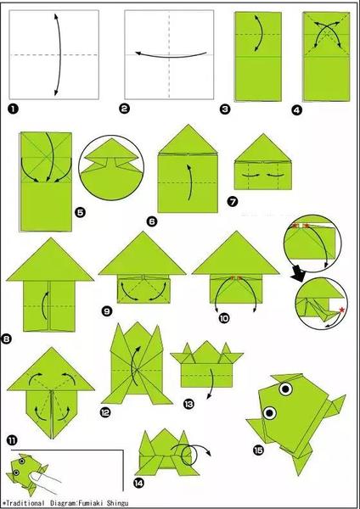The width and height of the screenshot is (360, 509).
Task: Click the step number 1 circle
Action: coord(14,109)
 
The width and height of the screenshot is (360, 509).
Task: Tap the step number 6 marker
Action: coord(152,221)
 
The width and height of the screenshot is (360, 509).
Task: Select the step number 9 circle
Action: coord(107,311)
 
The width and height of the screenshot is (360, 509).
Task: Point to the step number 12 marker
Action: coord(105,412)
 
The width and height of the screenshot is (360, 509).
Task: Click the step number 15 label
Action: coord(259,450)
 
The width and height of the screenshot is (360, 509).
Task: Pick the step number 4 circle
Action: coord(297,110)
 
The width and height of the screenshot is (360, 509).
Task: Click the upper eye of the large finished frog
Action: coord(285,389)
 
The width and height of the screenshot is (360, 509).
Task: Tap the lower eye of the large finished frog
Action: coord(269,413)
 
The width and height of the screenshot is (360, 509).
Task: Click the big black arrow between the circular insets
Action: coord(299,273)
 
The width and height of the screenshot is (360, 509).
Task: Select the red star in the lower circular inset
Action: coord(342,310)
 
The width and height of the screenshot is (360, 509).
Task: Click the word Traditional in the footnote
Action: coord(25,503)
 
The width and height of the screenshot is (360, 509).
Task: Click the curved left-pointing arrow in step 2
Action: coord(170,57)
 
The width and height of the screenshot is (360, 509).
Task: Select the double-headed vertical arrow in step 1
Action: coord(60,54)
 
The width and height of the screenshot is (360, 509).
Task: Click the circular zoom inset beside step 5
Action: coord(111,167)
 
